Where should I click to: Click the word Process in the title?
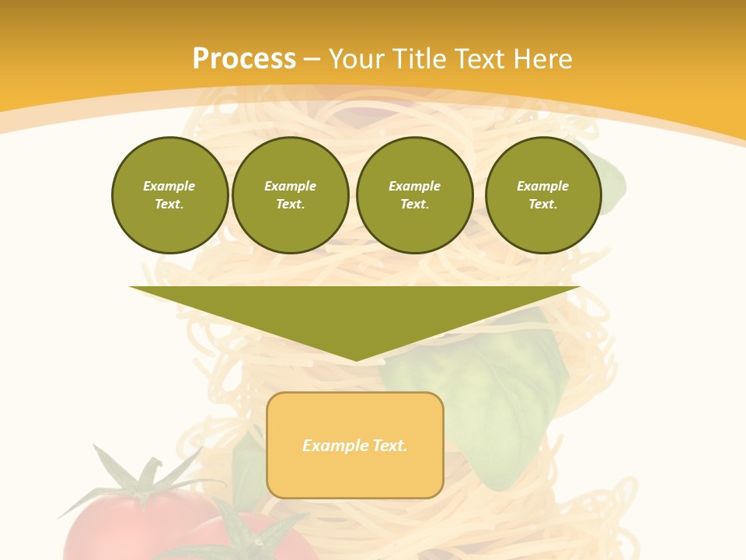click(244, 58)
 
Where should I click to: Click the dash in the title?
click(312, 59)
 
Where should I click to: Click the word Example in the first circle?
click(169, 186)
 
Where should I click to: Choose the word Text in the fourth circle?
click(542, 204)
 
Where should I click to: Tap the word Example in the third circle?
click(414, 186)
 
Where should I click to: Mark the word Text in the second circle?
click(290, 204)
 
